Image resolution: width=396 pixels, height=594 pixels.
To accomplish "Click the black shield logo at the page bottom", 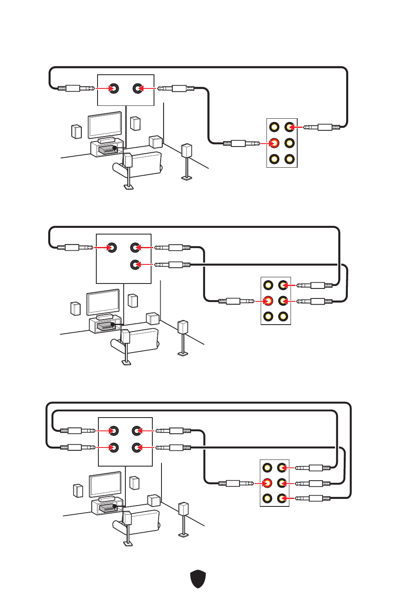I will (x=198, y=579).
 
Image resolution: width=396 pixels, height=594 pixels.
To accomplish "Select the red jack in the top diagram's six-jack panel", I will (x=274, y=143).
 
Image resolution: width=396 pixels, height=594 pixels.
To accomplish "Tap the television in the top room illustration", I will (x=105, y=125).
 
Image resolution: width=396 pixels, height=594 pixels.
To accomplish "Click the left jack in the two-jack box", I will (x=113, y=88).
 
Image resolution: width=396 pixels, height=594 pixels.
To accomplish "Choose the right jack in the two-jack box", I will (x=138, y=88).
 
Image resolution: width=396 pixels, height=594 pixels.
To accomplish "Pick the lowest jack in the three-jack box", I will (x=135, y=264).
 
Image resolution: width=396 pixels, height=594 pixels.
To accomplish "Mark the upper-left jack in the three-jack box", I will (x=112, y=248).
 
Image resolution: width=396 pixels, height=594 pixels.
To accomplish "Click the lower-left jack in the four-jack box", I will (x=113, y=447).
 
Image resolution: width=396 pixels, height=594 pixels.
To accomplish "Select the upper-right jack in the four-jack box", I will (x=137, y=431).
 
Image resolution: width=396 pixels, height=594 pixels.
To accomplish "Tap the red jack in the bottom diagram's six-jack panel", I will (x=267, y=483).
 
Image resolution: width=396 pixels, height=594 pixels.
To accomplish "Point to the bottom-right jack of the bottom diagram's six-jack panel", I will (x=282, y=498).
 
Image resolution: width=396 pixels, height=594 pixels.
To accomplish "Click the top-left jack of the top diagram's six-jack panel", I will (x=274, y=127).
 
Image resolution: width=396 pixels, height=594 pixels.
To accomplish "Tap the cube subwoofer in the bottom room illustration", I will (x=154, y=500).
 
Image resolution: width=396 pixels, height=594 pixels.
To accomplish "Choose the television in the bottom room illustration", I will (x=105, y=484).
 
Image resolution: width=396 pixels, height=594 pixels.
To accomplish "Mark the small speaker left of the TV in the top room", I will (x=76, y=132).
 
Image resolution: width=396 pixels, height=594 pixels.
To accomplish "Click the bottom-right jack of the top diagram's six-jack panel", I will (x=289, y=159).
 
